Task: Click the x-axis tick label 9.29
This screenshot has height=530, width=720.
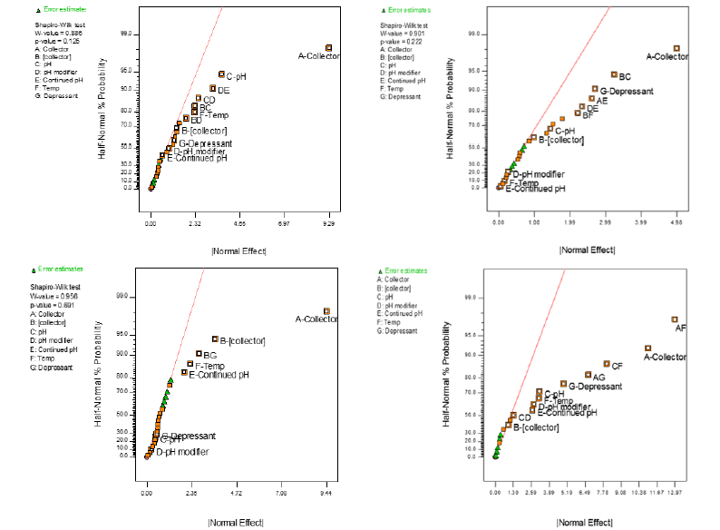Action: tap(328, 222)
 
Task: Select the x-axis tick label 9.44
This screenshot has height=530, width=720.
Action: tap(326, 496)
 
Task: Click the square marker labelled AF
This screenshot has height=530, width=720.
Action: tap(675, 319)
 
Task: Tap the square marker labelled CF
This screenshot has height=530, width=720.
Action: tap(607, 363)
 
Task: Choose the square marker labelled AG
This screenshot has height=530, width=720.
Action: tap(588, 374)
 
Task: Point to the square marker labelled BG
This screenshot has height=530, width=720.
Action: tap(199, 353)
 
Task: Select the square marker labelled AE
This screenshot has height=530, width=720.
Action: tap(591, 98)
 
